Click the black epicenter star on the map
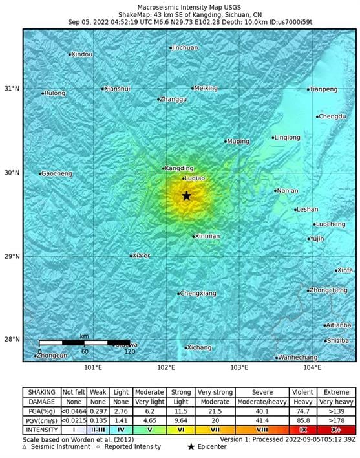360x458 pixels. click(187, 196)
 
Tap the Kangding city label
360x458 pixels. click(179, 168)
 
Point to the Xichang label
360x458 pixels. click(199, 347)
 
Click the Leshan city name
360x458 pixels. click(306, 210)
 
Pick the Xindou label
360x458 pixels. click(82, 54)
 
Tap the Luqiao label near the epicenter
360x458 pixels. click(195, 178)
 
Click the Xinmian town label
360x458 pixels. click(208, 236)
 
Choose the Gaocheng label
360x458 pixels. click(56, 173)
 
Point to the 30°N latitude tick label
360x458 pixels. click(12, 173)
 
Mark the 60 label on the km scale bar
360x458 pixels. click(85, 351)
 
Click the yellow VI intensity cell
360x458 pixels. click(180, 429)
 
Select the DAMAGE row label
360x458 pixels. click(41, 401)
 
